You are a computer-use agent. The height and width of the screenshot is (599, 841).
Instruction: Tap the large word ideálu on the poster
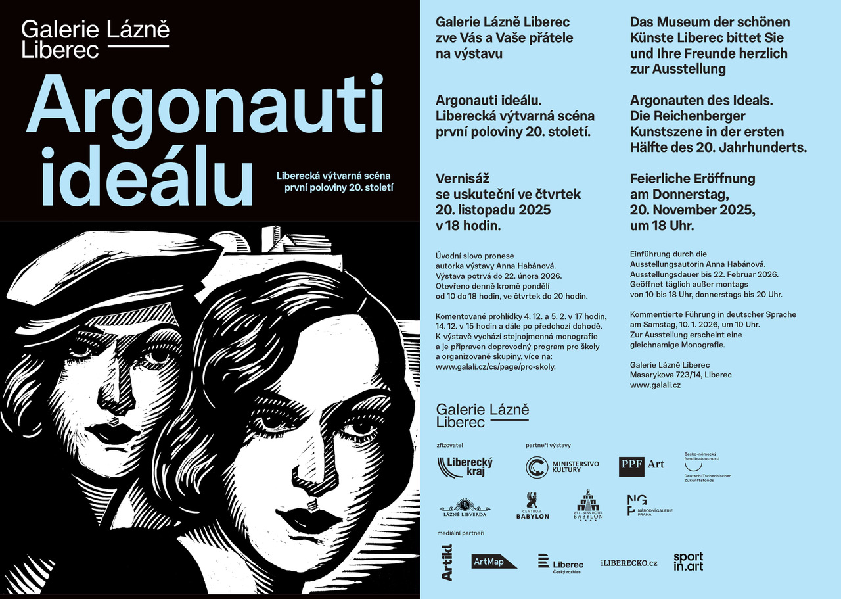(147, 176)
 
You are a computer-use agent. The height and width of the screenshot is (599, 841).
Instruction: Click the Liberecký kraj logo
(465, 467)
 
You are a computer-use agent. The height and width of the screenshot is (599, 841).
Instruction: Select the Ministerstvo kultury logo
(562, 467)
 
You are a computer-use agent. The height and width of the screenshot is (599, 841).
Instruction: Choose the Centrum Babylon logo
(532, 506)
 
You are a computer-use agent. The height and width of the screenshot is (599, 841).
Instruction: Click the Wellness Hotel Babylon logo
(589, 506)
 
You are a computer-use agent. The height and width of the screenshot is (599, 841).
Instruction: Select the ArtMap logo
(495, 562)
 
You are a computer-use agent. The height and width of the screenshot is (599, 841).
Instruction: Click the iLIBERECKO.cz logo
(629, 563)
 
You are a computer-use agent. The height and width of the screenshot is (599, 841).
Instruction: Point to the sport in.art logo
(688, 562)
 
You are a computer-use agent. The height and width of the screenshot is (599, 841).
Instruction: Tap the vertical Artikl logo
(447, 562)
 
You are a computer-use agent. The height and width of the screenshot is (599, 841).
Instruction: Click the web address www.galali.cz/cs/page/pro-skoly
(495, 367)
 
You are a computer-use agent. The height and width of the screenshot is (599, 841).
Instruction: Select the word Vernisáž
(463, 179)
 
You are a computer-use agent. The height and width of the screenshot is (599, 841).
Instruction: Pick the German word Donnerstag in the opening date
(690, 195)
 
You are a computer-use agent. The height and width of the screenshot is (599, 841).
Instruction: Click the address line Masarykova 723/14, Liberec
(681, 375)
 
